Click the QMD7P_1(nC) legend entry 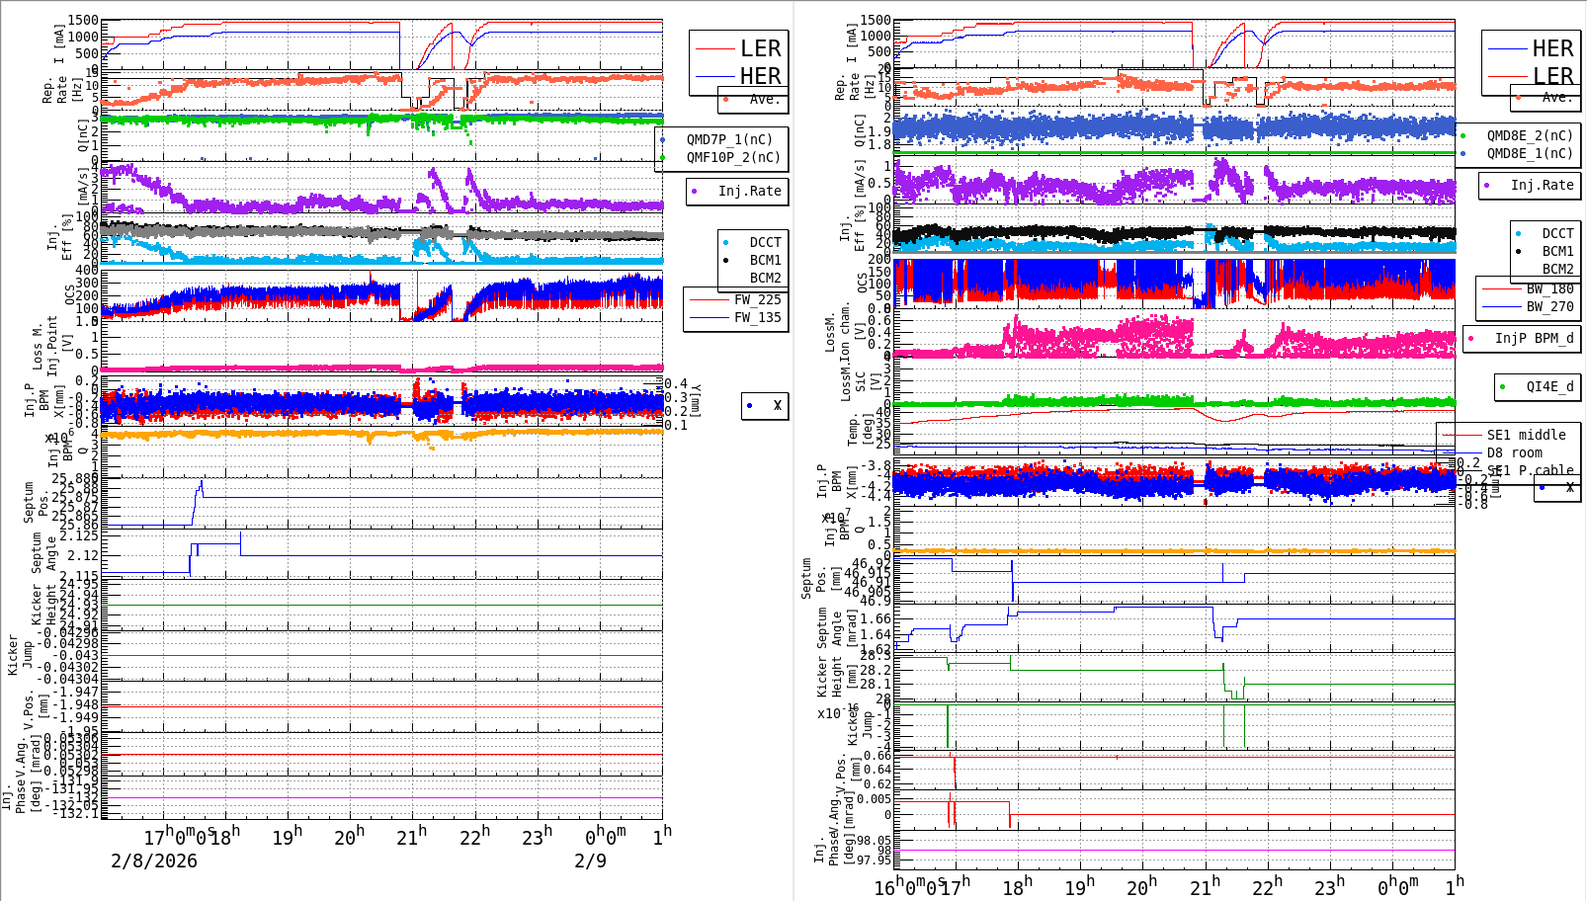click(729, 139)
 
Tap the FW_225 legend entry click(757, 299)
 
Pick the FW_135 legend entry click(757, 317)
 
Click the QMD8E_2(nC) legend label click(1529, 135)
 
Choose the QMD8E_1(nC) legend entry click(1529, 153)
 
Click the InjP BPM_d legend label click(1534, 338)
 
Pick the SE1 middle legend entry click(1526, 435)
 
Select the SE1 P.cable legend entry click(1530, 470)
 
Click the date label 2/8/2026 click(154, 860)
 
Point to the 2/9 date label click(590, 860)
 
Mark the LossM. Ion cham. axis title click(838, 331)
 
